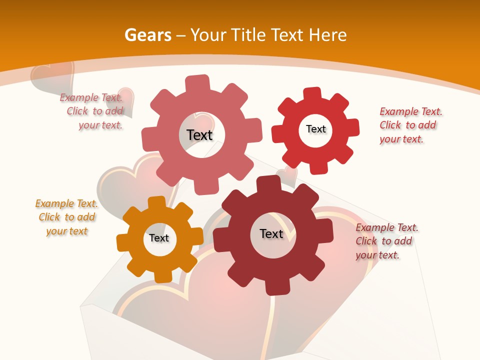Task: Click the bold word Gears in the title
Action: click(x=148, y=35)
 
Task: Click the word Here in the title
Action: click(x=327, y=35)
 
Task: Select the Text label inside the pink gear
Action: click(x=199, y=135)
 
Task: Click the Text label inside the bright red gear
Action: click(x=315, y=129)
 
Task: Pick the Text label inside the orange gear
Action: click(x=159, y=238)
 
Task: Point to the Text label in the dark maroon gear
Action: click(x=271, y=233)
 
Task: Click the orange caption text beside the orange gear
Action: click(x=67, y=217)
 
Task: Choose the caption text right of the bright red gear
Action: click(x=410, y=125)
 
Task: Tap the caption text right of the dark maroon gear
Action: click(x=386, y=241)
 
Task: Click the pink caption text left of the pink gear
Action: click(x=92, y=111)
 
